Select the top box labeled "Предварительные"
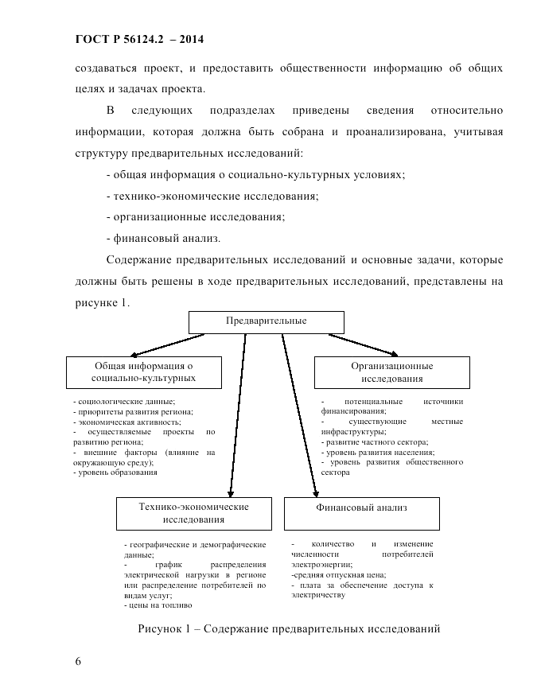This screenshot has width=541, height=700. [x=266, y=321]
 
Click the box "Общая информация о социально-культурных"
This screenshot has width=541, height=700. [x=143, y=372]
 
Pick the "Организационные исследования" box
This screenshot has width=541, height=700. [x=392, y=372]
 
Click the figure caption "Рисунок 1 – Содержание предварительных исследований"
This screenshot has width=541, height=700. [x=289, y=629]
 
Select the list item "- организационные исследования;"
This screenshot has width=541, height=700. [x=195, y=216]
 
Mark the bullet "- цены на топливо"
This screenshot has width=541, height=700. [x=154, y=605]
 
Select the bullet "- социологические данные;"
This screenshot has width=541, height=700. [x=123, y=402]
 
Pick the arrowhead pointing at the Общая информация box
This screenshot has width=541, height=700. [x=136, y=355]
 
